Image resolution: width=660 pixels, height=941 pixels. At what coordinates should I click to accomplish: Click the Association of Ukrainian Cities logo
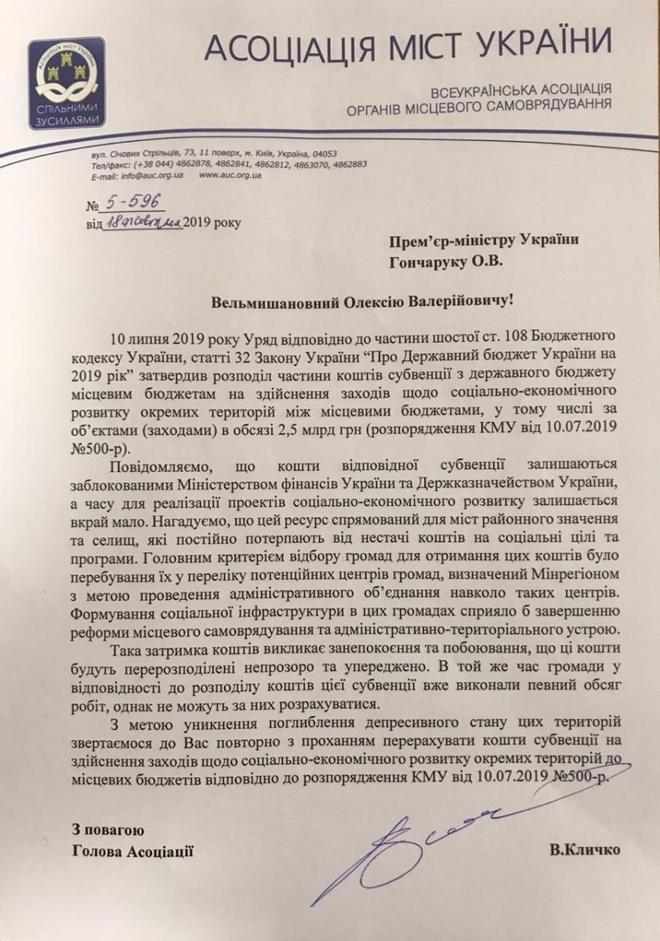[66, 82]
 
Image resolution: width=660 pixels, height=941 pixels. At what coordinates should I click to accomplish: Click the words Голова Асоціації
[131, 850]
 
